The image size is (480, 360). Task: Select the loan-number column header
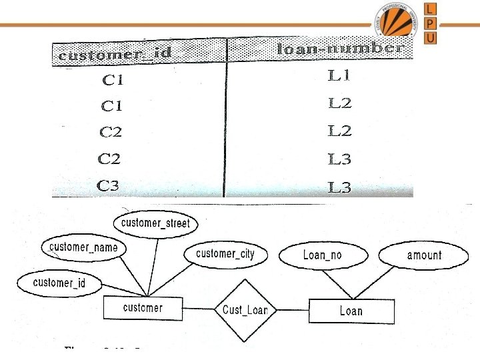[339, 49]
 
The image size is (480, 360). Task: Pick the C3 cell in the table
[109, 186]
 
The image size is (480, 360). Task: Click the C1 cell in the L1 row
[113, 81]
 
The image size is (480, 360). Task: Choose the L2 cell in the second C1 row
[339, 103]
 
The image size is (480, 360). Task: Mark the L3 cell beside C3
[339, 187]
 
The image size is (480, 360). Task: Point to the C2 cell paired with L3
[110, 159]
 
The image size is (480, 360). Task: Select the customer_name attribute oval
[83, 248]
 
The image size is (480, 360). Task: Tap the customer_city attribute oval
[225, 254]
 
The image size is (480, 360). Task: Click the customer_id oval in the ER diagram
[59, 283]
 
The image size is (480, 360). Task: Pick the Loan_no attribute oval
[322, 255]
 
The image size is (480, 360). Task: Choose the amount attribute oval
[424, 255]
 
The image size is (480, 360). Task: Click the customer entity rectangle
[143, 308]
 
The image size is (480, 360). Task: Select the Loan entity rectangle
[351, 311]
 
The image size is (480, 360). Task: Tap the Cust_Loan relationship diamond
[245, 310]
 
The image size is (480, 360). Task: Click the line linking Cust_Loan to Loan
[293, 310]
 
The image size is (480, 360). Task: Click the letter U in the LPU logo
[431, 37]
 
